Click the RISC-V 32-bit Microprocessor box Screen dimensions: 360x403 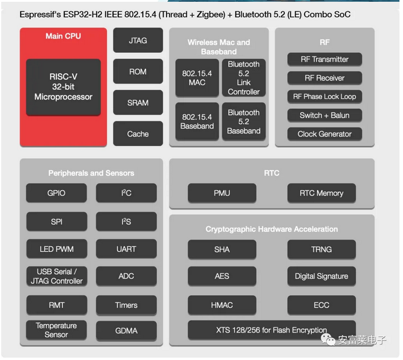coord(63,87)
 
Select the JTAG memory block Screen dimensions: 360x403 coord(138,41)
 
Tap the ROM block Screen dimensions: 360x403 coord(138,71)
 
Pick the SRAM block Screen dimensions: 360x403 coord(138,102)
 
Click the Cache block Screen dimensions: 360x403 coord(138,134)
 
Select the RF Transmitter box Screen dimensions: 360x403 coord(325,59)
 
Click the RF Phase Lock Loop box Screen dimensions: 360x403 coord(325,96)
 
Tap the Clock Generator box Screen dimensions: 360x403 coord(325,134)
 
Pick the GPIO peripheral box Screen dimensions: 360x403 coord(56,193)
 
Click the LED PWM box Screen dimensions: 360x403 coord(56,249)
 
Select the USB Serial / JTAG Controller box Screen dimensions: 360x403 coord(56,276)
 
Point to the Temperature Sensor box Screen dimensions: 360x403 coord(56,330)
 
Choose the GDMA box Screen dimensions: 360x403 coord(126,331)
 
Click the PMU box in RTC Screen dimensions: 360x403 coord(222,193)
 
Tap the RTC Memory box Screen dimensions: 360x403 coord(321,193)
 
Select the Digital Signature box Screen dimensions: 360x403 coord(321,276)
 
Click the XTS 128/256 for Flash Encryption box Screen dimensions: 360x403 coord(272,330)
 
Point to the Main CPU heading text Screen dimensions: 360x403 coord(63,36)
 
